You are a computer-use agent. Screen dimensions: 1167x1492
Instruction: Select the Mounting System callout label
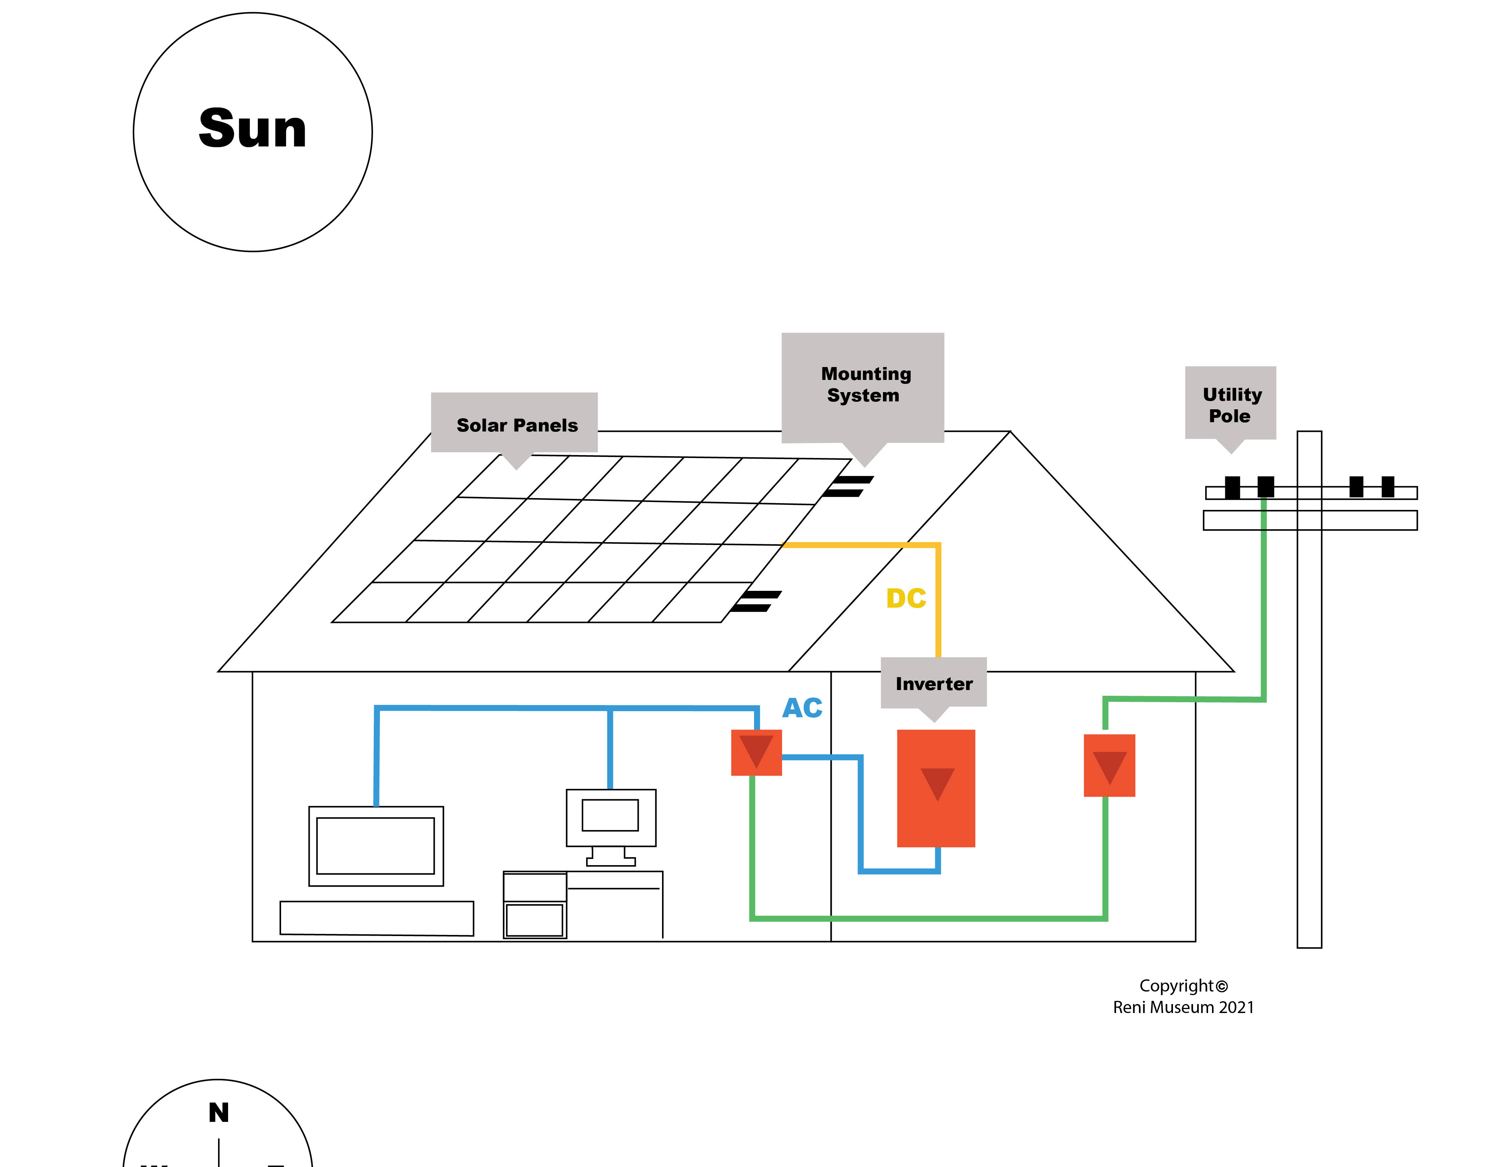click(x=864, y=385)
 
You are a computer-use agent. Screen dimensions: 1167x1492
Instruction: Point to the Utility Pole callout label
click(x=1231, y=405)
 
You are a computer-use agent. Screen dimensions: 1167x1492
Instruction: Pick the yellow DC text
click(x=906, y=598)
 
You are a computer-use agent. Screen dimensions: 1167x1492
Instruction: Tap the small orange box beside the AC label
click(x=756, y=752)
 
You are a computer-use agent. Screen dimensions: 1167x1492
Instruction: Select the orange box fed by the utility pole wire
click(x=1110, y=765)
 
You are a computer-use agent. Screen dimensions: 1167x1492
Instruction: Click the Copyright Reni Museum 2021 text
click(x=1183, y=996)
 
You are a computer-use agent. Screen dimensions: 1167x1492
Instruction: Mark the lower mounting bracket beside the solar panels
click(x=755, y=601)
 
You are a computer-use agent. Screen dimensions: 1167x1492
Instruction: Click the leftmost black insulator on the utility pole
click(x=1232, y=487)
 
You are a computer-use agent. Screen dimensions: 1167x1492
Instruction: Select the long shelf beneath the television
click(x=376, y=918)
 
